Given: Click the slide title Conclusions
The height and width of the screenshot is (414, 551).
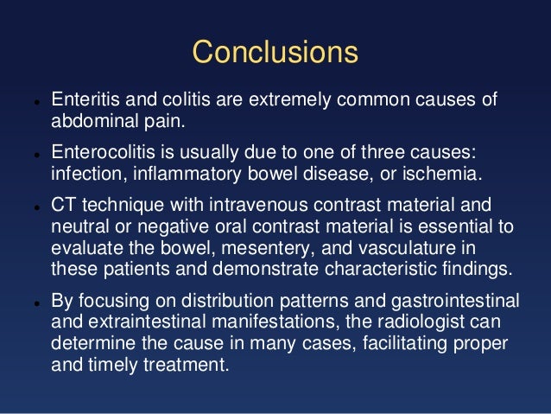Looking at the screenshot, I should (275, 52).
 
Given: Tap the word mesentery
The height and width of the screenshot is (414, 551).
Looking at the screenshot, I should (259, 247).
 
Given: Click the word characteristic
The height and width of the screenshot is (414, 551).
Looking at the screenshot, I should (394, 268).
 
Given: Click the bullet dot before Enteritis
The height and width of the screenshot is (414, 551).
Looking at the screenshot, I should (28, 100).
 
